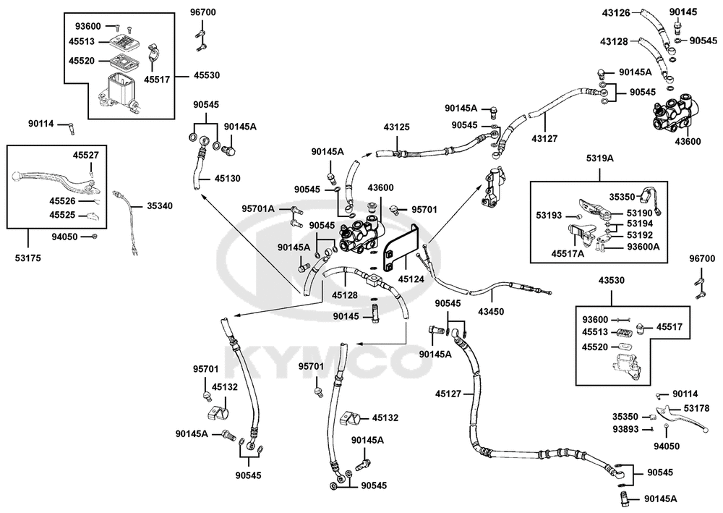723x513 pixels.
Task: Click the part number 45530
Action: tap(207, 75)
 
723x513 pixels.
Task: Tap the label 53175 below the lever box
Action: tap(27, 258)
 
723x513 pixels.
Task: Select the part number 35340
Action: tap(160, 205)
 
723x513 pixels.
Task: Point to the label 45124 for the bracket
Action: tap(411, 279)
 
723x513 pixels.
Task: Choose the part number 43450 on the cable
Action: tap(491, 311)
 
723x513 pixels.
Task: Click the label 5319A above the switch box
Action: tap(600, 158)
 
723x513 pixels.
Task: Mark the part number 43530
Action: tap(612, 280)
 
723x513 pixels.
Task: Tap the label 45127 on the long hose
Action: tap(448, 394)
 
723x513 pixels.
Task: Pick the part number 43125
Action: tap(396, 127)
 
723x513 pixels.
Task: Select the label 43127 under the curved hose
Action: tap(544, 138)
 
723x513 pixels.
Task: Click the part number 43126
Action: tap(615, 13)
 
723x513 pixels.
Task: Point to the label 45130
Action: tap(227, 179)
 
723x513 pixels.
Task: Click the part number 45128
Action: tap(344, 294)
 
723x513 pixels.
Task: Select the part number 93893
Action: tap(625, 429)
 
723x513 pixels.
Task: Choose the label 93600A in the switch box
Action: tap(643, 247)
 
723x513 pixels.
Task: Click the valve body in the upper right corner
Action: tap(676, 114)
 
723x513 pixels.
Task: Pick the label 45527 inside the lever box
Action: tap(86, 156)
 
